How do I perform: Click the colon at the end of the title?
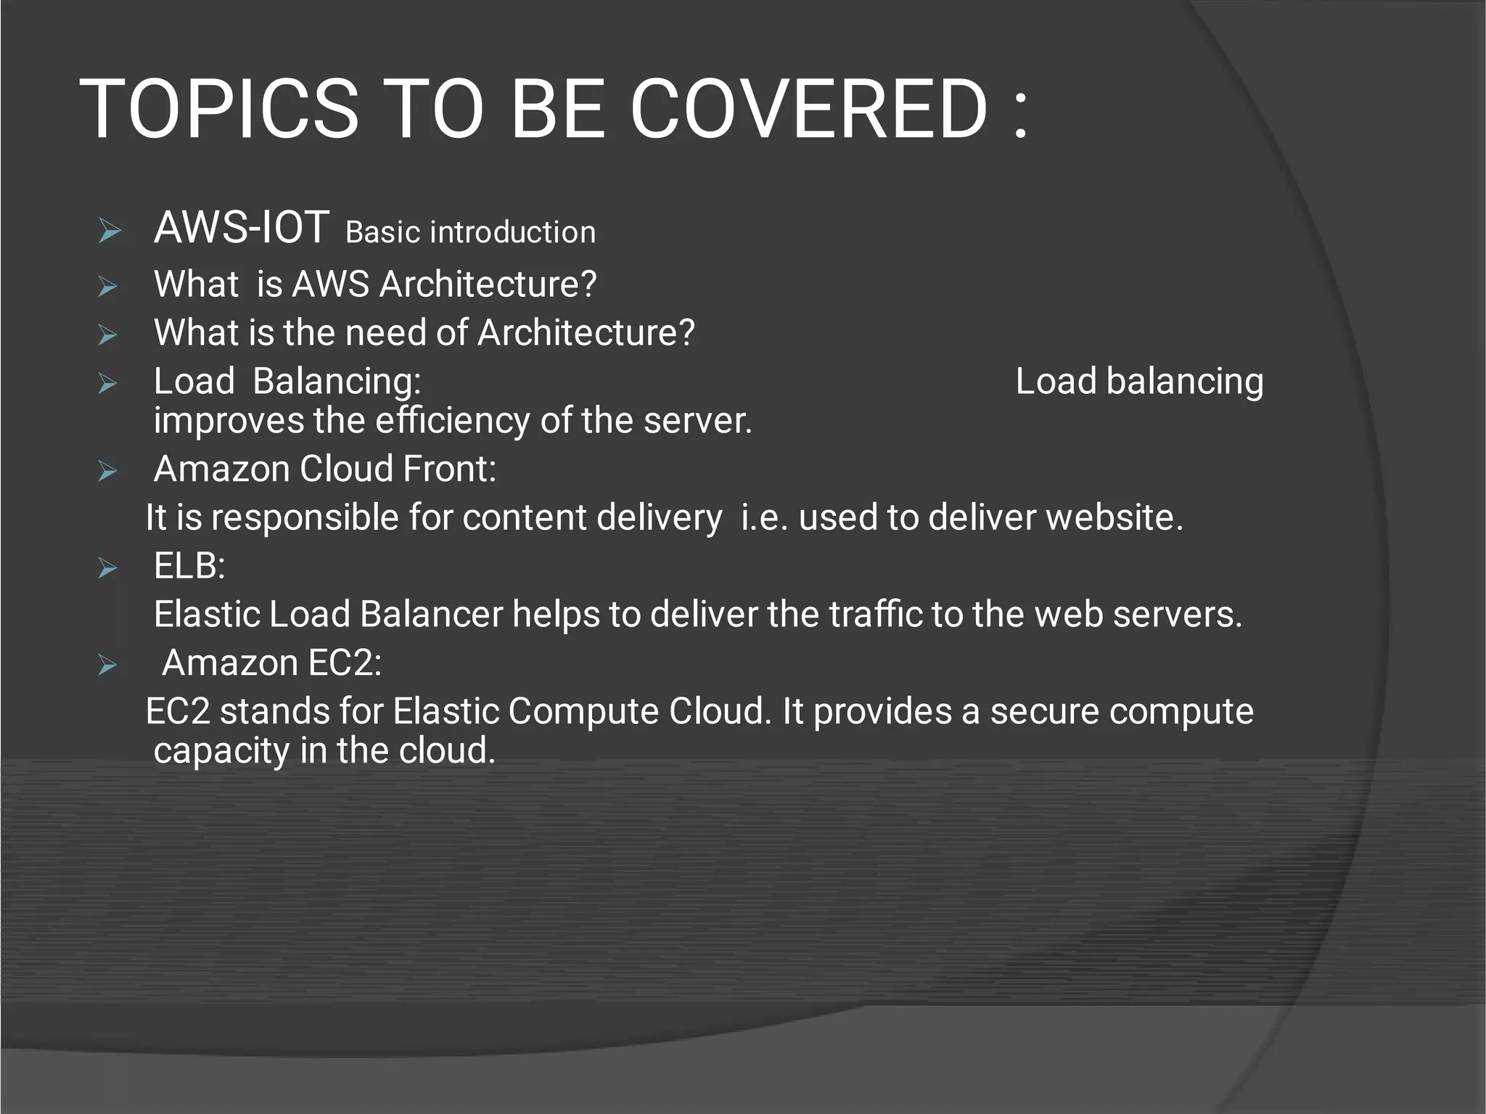pyautogui.click(x=1021, y=110)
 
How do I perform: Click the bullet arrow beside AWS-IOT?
pyautogui.click(x=110, y=232)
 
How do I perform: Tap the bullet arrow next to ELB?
pyautogui.click(x=107, y=568)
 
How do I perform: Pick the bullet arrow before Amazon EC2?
pyautogui.click(x=107, y=665)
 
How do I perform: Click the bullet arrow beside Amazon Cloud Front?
pyautogui.click(x=107, y=471)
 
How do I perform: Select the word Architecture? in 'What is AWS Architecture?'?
pyautogui.click(x=488, y=284)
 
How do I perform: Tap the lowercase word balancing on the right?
pyautogui.click(x=1185, y=382)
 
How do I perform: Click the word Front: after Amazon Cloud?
pyautogui.click(x=449, y=469)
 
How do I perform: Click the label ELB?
pyautogui.click(x=189, y=566)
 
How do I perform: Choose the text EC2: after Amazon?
pyautogui.click(x=345, y=663)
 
